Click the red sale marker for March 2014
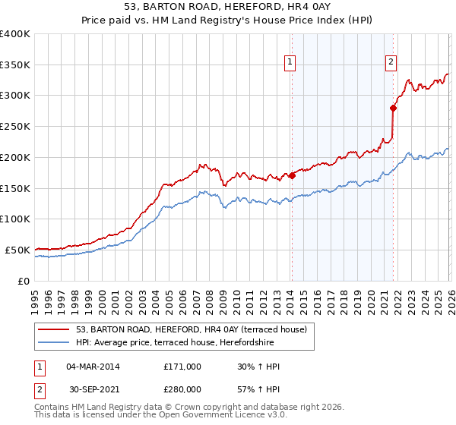coord(292,175)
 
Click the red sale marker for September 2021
coord(394,108)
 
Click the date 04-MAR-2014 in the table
coord(93,367)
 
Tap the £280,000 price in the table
coord(182,389)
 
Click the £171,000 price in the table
coord(182,367)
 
